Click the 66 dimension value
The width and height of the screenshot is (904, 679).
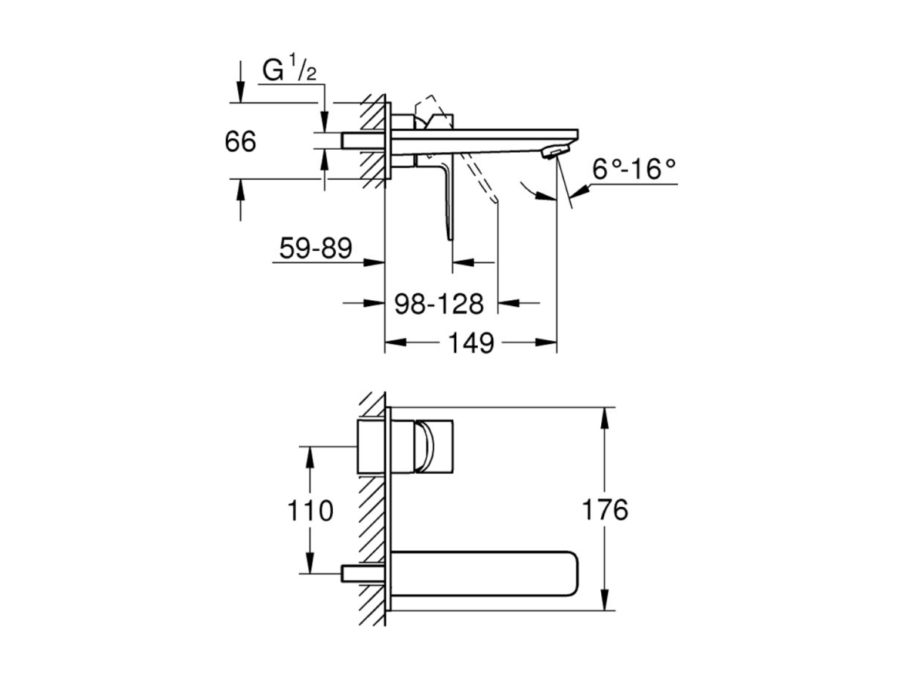(240, 141)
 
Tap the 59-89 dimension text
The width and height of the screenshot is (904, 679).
(315, 248)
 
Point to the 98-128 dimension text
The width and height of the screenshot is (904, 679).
(439, 304)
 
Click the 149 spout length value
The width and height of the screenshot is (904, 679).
(471, 343)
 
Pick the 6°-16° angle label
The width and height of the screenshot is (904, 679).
(633, 169)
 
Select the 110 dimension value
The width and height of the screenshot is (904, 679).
(310, 510)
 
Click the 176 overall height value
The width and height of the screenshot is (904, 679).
(605, 509)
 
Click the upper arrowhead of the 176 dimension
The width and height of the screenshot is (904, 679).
(604, 418)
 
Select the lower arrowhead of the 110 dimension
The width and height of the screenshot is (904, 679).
(310, 562)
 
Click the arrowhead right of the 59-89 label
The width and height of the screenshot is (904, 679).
(375, 262)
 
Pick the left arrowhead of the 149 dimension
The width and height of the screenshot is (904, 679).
(395, 343)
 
